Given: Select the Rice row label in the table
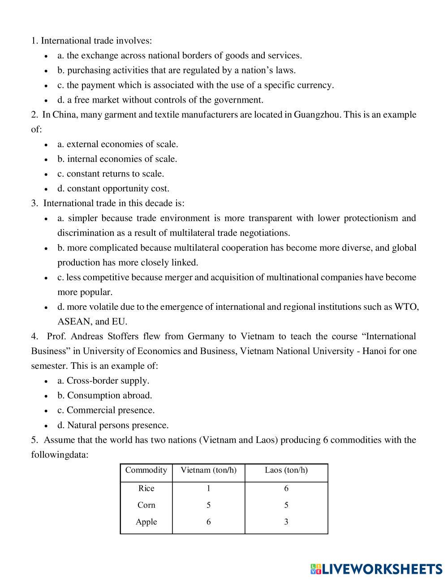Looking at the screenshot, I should [146, 489].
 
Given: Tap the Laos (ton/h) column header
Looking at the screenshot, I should [286, 470].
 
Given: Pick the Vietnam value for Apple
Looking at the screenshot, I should [208, 522].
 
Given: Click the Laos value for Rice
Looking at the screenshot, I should [286, 489].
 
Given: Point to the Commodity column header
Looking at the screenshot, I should [146, 470].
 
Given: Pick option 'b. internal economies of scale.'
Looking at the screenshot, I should [117, 159].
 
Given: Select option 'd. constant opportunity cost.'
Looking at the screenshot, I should [113, 188].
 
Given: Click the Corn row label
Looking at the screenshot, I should [146, 505].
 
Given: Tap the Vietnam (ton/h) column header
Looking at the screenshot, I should [208, 470].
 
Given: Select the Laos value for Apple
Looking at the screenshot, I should [286, 522].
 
